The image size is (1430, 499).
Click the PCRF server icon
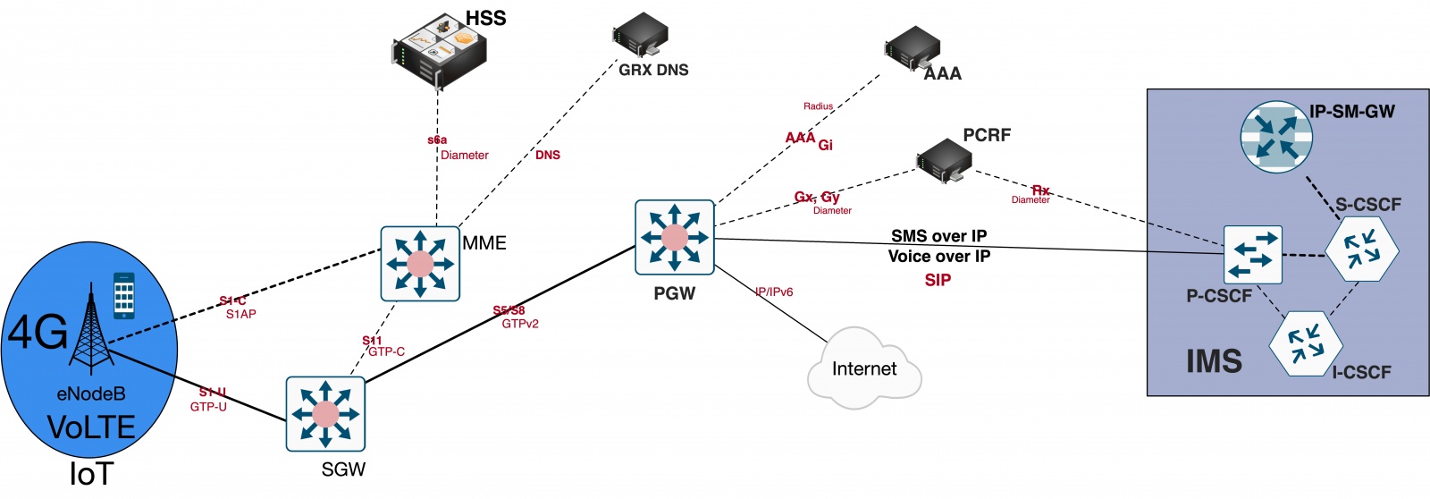point(944,160)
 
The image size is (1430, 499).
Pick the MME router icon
point(420,264)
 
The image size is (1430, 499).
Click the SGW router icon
point(325,414)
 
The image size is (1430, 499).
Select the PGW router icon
point(675,238)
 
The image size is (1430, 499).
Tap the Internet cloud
point(864,369)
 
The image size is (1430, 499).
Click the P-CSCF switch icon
point(1252,255)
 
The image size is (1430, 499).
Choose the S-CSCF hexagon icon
point(1361,249)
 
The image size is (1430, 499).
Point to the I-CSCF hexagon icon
point(1306,343)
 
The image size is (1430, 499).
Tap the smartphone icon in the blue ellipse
point(124,295)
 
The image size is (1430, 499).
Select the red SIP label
point(938,281)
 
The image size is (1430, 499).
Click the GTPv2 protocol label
point(520,324)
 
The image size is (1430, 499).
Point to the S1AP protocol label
point(240,315)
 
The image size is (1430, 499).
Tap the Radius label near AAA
point(818,106)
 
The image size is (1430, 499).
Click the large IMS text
point(1214,361)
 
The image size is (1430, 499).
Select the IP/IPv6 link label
point(774,292)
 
